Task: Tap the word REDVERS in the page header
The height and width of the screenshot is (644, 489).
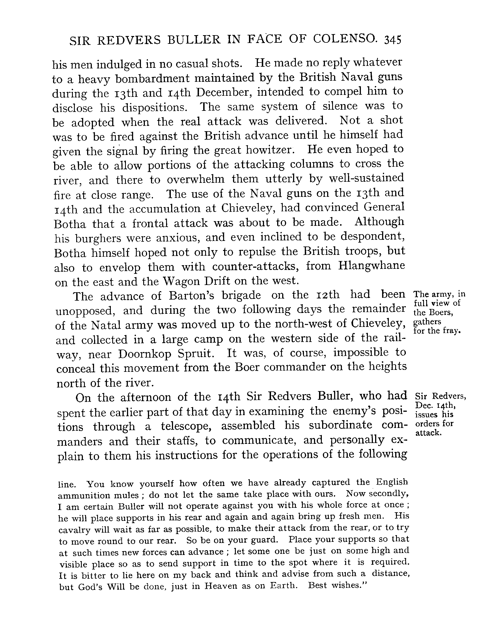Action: point(129,40)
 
